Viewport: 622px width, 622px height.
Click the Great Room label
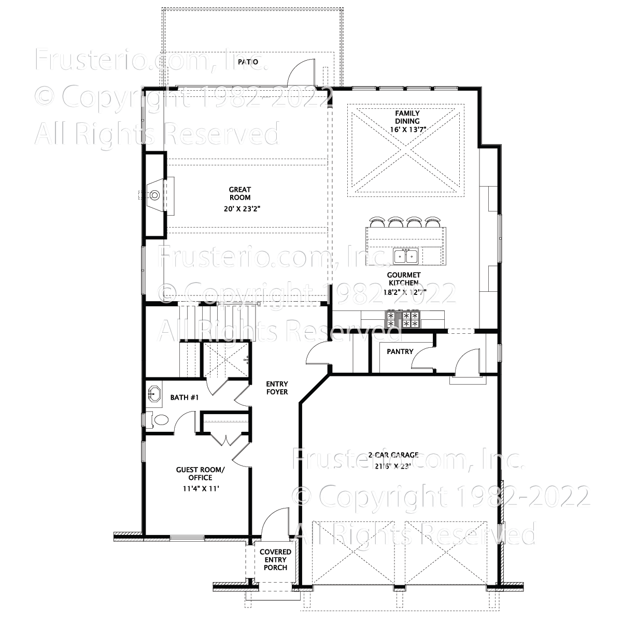[x=240, y=193]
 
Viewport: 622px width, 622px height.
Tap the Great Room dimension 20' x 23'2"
[x=240, y=209]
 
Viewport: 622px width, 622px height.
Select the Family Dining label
[x=407, y=117]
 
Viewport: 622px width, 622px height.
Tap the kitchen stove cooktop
[x=403, y=319]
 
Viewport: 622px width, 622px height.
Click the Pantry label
[x=400, y=351]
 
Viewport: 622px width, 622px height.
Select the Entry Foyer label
[x=277, y=388]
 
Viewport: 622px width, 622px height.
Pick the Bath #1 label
[x=185, y=398]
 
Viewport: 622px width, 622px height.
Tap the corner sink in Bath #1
[x=153, y=394]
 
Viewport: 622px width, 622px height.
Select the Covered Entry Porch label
[x=275, y=560]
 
